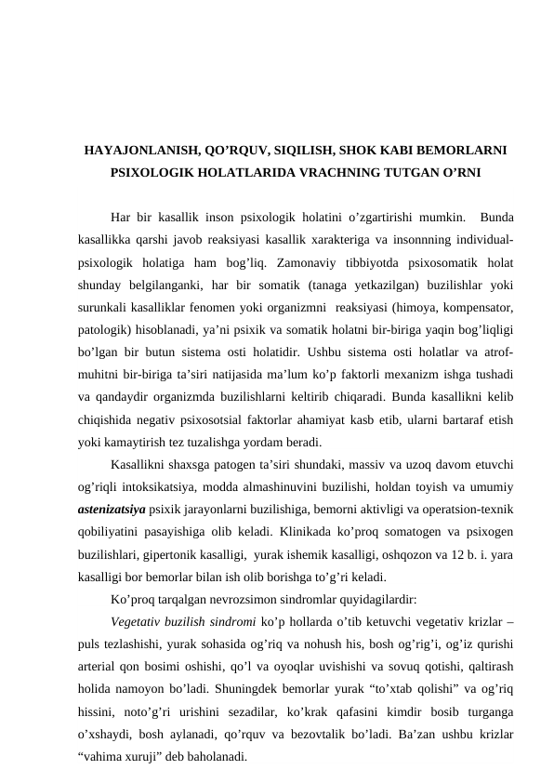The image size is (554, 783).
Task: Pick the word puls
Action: (x=91, y=644)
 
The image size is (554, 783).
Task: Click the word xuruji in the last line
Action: (x=138, y=757)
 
